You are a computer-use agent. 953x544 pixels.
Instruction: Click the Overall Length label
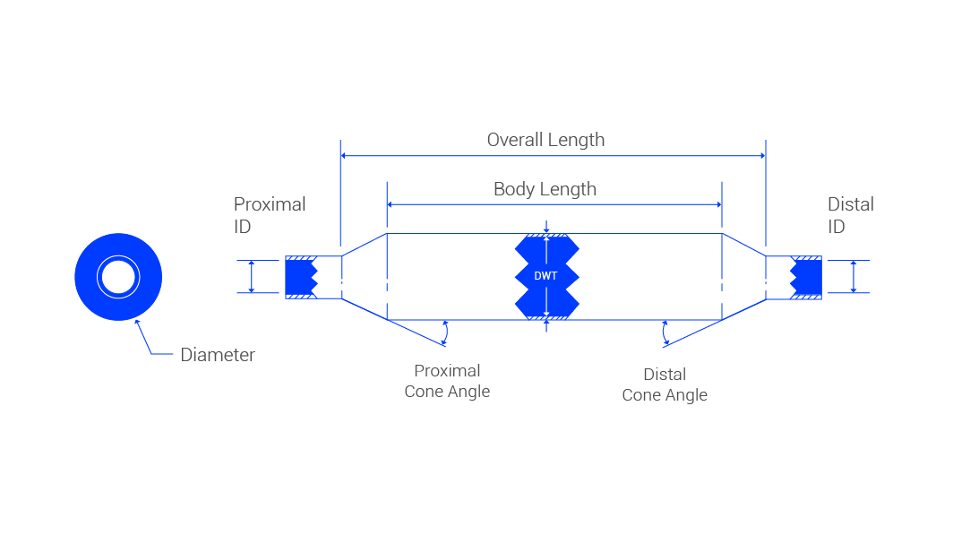pos(545,140)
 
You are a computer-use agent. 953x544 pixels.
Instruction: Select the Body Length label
pos(545,189)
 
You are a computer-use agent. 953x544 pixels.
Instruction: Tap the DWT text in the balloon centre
pos(545,276)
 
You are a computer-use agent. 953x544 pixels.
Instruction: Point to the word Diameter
pos(218,355)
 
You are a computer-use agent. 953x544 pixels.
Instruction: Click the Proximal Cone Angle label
pos(447,381)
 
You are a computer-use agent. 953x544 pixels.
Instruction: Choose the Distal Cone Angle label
pos(665,384)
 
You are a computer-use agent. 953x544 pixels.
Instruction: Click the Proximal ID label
pos(270,215)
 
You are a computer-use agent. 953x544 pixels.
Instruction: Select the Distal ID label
pos(850,215)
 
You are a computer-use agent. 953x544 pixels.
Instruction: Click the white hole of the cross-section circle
pos(117,277)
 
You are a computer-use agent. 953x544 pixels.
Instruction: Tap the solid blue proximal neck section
pos(299,277)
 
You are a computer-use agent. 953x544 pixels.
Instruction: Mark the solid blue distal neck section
pos(810,277)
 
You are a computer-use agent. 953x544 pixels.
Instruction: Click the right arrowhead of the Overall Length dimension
pos(762,156)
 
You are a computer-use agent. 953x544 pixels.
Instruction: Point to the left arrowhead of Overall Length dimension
pos(345,156)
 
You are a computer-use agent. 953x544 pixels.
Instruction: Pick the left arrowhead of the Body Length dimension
pos(391,204)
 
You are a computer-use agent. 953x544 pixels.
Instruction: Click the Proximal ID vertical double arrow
pos(252,276)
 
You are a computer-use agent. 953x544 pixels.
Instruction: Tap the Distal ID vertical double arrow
pos(854,276)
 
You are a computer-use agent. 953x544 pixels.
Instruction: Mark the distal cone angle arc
pos(664,332)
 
